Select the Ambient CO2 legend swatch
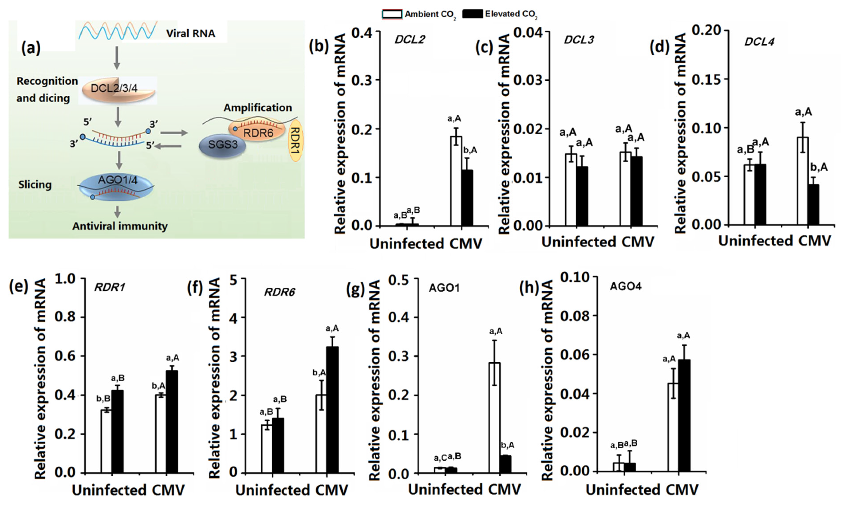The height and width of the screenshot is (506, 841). tap(392, 14)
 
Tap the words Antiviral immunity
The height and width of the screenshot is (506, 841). tap(120, 226)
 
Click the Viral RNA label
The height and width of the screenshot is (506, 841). tap(191, 34)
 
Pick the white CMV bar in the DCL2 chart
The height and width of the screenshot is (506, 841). tap(456, 181)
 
